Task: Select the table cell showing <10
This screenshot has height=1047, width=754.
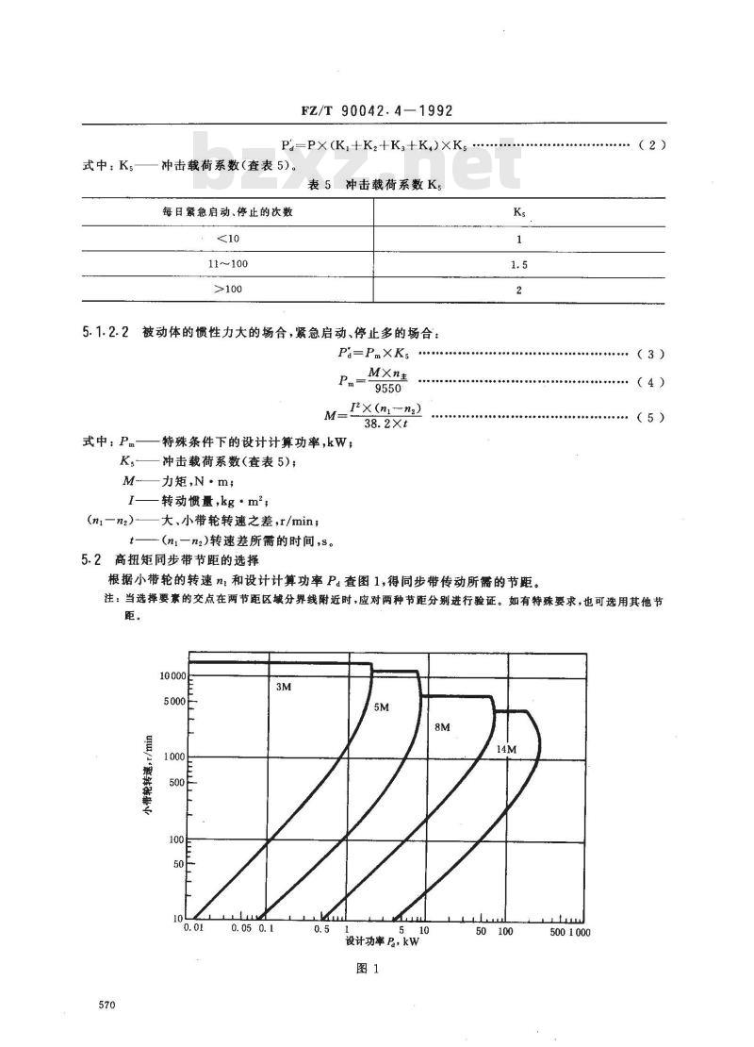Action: (227, 239)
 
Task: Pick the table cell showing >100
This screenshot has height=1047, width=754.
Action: (227, 291)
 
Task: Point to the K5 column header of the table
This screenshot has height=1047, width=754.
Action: (519, 211)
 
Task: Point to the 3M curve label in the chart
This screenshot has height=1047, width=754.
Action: (283, 687)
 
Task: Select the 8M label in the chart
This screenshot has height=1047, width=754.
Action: (443, 727)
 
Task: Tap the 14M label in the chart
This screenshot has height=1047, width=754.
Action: (506, 749)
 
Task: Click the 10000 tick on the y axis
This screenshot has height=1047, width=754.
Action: (170, 675)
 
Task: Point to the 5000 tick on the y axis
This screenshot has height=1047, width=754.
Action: (173, 701)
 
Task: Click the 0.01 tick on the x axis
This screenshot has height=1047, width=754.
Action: (193, 930)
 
